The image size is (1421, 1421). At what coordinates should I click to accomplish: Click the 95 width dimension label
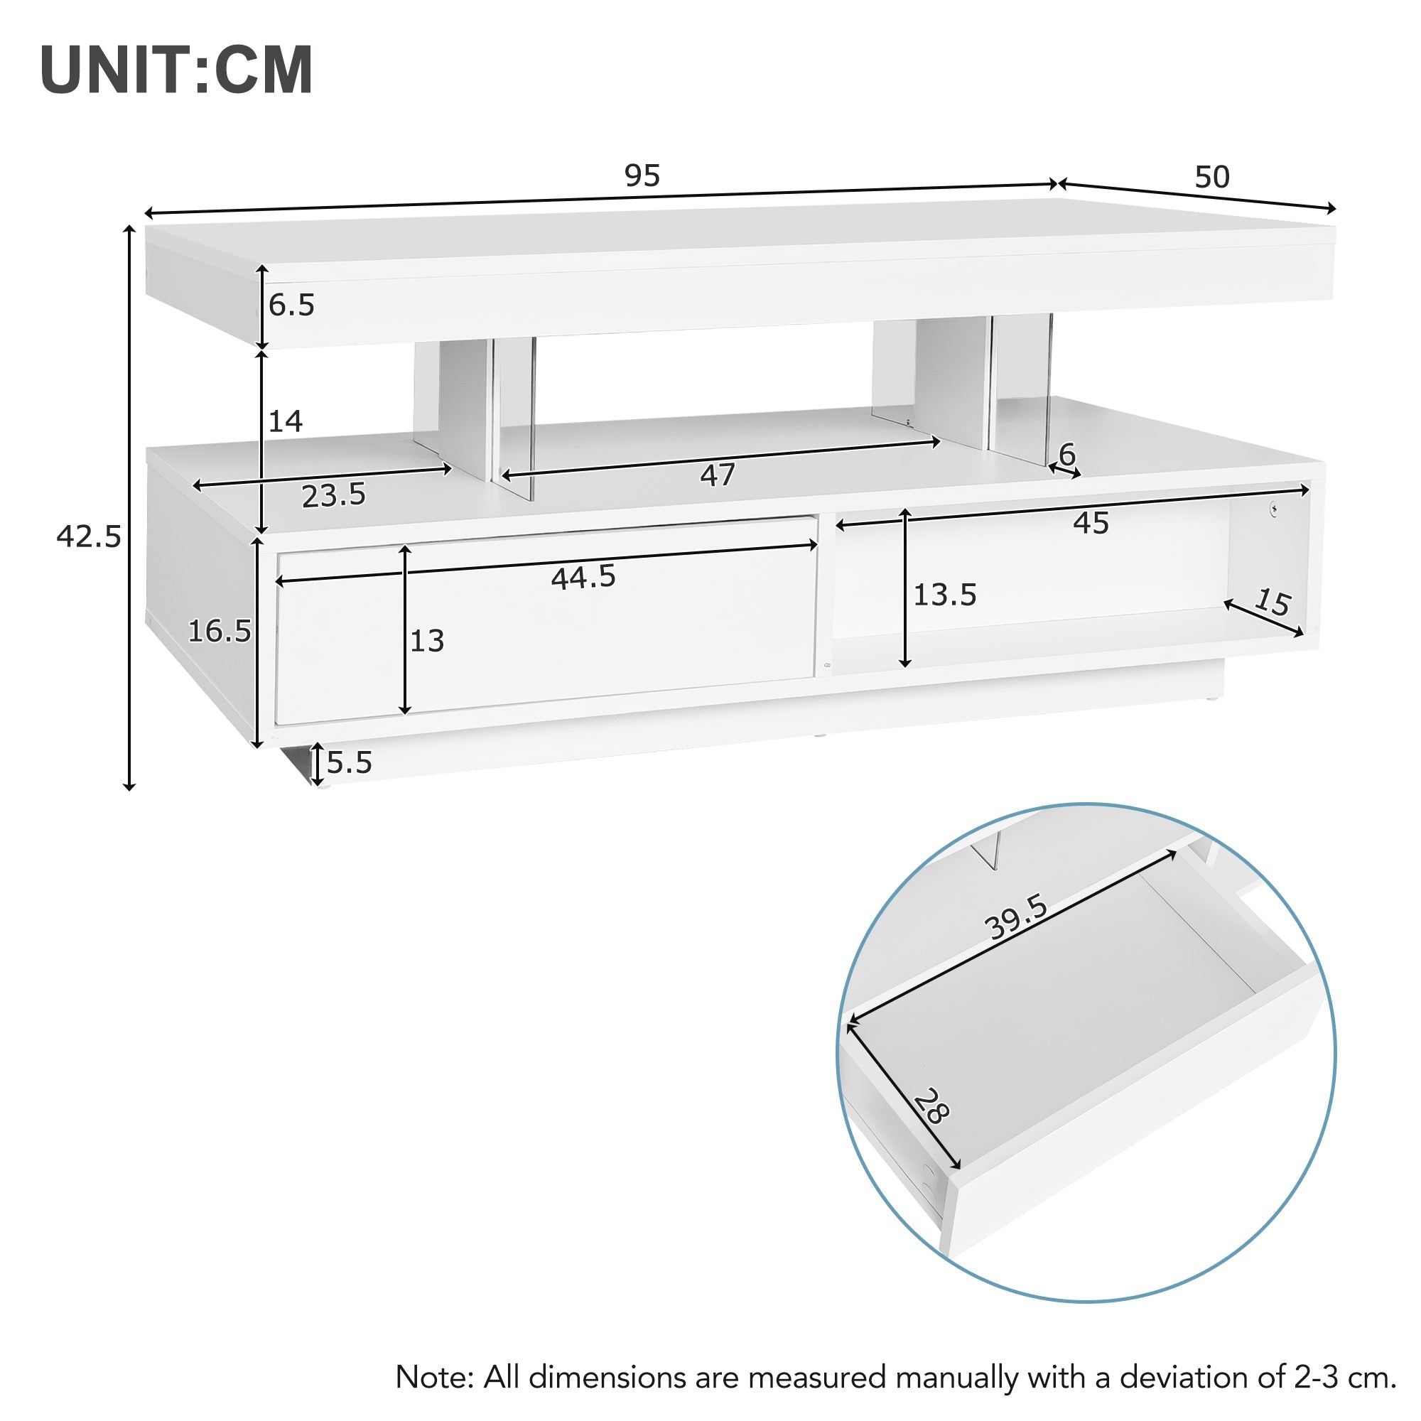pos(642,175)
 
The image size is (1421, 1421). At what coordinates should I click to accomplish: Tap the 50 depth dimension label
pos(1211,177)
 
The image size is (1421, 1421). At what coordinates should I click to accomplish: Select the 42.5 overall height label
pos(88,537)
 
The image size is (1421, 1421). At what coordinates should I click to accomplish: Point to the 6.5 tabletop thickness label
pos(291,306)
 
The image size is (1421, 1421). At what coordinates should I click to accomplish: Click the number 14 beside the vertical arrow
pos(286,421)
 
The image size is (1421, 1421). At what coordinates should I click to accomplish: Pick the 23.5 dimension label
pos(333,496)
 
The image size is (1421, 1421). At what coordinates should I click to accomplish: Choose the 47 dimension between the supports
pos(717,475)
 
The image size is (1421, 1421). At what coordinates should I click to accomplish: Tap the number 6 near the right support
pos(1066,454)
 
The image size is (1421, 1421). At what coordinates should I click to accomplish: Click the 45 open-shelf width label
pos(1090,523)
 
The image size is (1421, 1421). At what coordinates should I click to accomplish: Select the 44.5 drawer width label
pos(583,578)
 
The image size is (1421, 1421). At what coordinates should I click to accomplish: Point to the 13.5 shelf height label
pos(944,595)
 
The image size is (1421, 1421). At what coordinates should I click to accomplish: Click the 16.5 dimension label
pos(219,631)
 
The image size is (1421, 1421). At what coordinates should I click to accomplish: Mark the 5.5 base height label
pos(350,762)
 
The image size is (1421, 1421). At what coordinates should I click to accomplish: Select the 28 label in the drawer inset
pos(932,1106)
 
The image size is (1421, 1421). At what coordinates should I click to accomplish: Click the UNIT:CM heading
pos(176,70)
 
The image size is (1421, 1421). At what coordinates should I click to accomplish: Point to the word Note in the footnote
pos(434,1377)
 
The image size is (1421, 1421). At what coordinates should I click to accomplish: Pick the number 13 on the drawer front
pos(426,642)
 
